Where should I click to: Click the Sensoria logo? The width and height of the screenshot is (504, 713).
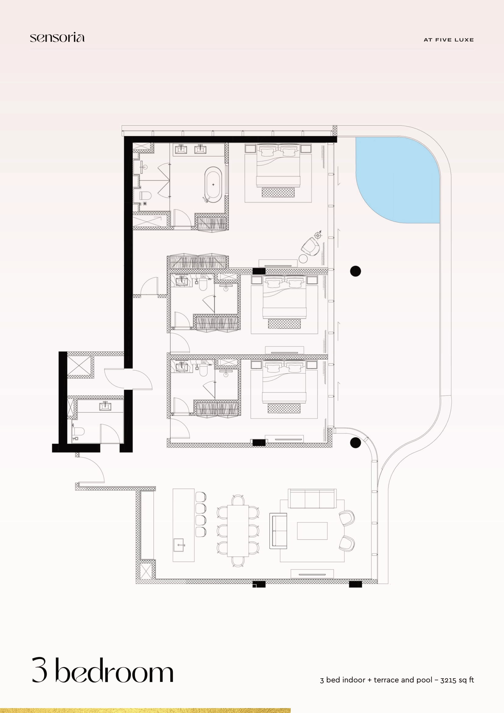coord(57,37)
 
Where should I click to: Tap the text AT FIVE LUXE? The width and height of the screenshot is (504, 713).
coord(449,40)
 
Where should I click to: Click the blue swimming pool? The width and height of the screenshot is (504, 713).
coord(397,180)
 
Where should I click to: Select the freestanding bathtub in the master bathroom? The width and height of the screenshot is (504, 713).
coord(213,184)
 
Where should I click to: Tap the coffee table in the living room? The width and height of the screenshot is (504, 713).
coord(312,531)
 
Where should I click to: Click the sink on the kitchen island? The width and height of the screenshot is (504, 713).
coord(179,545)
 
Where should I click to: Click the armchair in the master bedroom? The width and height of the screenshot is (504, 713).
coord(311,246)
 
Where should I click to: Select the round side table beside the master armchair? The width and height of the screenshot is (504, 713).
coord(303,258)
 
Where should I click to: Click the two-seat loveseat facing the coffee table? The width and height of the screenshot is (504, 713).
coord(278,531)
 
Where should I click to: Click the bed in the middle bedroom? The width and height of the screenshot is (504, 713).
coord(284,297)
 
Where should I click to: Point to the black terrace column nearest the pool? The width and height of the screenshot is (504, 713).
coord(355,271)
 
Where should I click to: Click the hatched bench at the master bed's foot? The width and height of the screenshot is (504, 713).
coord(278,192)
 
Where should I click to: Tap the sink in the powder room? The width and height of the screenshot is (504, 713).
coord(105,406)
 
